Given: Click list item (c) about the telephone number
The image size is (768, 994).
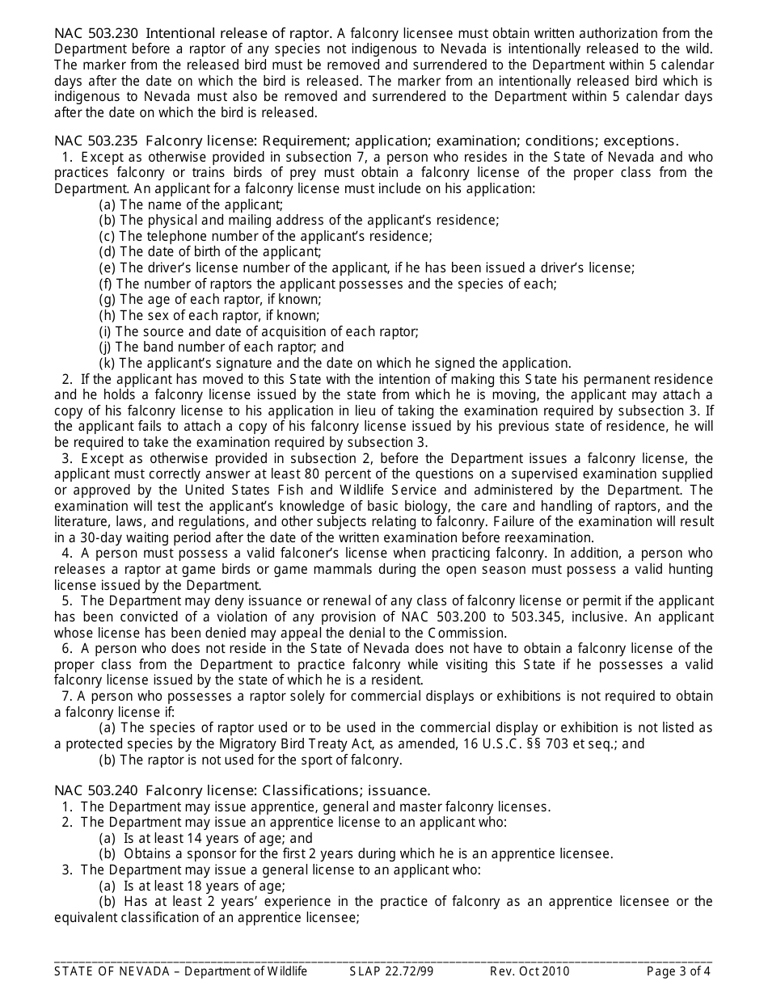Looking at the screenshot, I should pyautogui.click(x=265, y=236).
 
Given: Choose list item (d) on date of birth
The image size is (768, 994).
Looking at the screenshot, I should pyautogui.click(x=209, y=251).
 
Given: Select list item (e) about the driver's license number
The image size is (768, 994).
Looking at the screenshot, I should pyautogui.click(x=366, y=267).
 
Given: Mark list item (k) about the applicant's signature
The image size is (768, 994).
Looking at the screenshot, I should pyautogui.click(x=335, y=363).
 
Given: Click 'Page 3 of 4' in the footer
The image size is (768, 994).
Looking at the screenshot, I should pyautogui.click(x=678, y=971).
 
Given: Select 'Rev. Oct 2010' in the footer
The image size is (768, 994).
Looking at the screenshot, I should pyautogui.click(x=530, y=971).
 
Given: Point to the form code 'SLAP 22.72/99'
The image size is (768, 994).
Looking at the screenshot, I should pyautogui.click(x=391, y=971).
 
